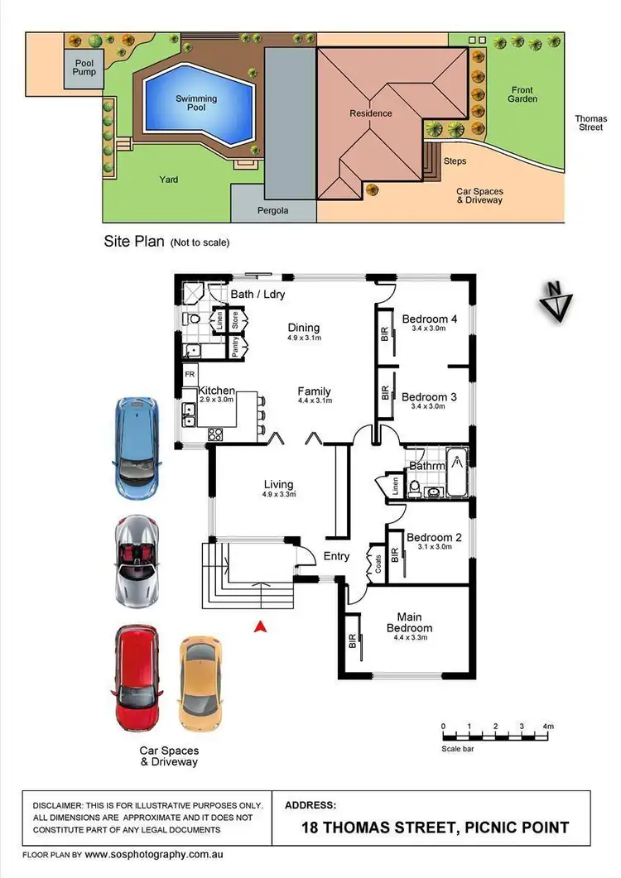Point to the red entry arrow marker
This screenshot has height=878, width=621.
coord(261,627)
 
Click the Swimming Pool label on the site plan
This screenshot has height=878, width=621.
coord(196,103)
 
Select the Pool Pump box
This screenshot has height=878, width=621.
coord(84,68)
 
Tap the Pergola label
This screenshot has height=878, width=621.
coord(272,211)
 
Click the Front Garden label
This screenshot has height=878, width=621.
coord(522,94)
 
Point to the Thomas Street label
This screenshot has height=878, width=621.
coord(591,123)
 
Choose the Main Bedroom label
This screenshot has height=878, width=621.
coord(409,621)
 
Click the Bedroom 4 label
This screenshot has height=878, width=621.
coord(429,319)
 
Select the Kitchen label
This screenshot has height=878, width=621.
coord(215,391)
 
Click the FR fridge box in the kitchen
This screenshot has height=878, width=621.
coord(190,372)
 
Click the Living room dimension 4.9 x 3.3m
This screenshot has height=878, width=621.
coord(278,495)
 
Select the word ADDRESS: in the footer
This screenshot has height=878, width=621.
coord(310,804)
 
